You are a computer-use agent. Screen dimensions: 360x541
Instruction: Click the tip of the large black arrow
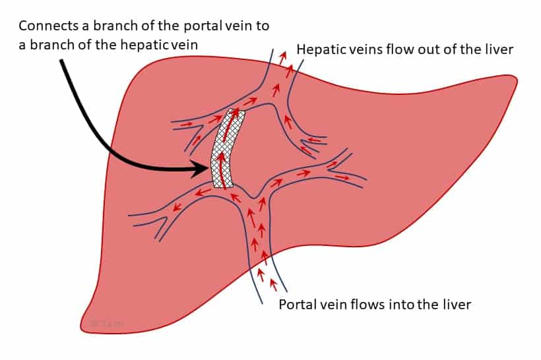209,169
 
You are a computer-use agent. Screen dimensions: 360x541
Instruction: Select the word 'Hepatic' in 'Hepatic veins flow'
317,50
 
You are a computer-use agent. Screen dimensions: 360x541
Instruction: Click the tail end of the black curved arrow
62,61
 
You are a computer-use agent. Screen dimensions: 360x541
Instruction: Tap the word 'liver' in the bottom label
456,305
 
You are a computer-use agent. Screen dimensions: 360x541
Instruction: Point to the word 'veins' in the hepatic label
357,50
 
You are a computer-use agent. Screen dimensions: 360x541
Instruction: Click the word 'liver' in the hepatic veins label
499,50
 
